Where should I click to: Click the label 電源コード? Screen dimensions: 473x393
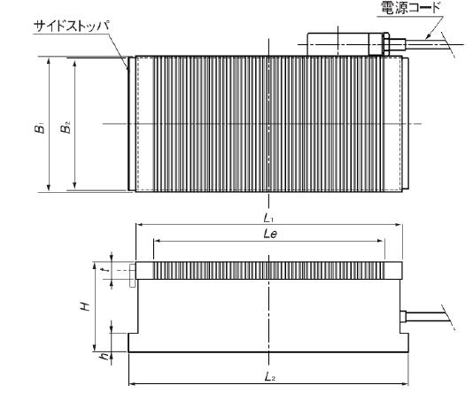point(411,8)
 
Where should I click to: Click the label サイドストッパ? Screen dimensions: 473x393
point(72,27)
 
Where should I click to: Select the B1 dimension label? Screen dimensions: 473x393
point(40,127)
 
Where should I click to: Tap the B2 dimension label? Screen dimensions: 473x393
point(66,127)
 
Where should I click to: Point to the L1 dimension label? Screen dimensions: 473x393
point(268,218)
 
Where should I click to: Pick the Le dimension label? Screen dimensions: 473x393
point(270,234)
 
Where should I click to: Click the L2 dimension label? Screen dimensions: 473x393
point(269,376)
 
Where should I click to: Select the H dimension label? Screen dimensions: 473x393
point(85,306)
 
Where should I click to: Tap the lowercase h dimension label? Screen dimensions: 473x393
point(105,357)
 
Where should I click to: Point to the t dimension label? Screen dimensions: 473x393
point(105,270)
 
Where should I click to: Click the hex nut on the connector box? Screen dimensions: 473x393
point(386,44)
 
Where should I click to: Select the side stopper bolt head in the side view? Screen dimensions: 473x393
point(132,275)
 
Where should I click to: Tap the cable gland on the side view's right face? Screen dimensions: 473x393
point(403,317)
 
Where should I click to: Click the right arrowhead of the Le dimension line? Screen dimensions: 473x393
point(381,241)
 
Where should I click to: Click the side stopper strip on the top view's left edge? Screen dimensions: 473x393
point(131,124)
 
